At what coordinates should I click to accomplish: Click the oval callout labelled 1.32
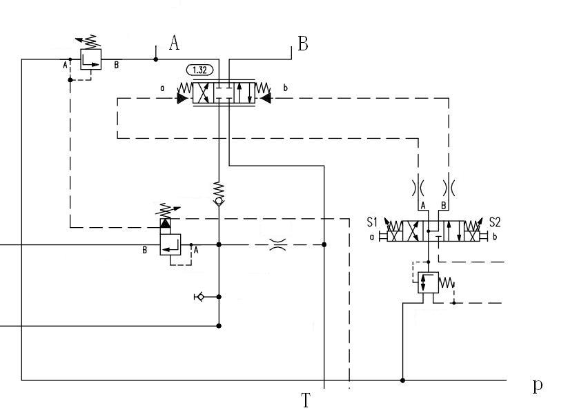coord(200,70)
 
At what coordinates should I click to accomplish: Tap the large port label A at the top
coord(174,43)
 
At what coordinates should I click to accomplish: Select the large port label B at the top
coord(302,44)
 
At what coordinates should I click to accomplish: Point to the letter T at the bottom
coord(306,400)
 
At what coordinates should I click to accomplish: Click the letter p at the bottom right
coord(537,385)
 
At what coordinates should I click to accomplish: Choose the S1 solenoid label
coord(373,222)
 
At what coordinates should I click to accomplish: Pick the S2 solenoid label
coord(495,222)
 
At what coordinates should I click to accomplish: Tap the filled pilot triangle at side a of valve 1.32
coord(182,99)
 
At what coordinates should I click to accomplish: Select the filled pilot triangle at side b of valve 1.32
coord(265,99)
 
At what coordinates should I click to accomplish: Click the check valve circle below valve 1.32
coord(219,201)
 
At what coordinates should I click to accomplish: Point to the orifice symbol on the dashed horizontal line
coord(277,244)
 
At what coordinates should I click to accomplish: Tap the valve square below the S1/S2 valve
coord(428,282)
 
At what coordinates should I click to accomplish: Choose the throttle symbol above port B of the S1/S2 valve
coord(449,187)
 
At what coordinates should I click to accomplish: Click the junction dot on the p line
coord(403,380)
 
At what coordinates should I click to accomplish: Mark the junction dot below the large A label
coord(156,59)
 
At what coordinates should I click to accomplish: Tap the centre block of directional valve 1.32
coord(223,93)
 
